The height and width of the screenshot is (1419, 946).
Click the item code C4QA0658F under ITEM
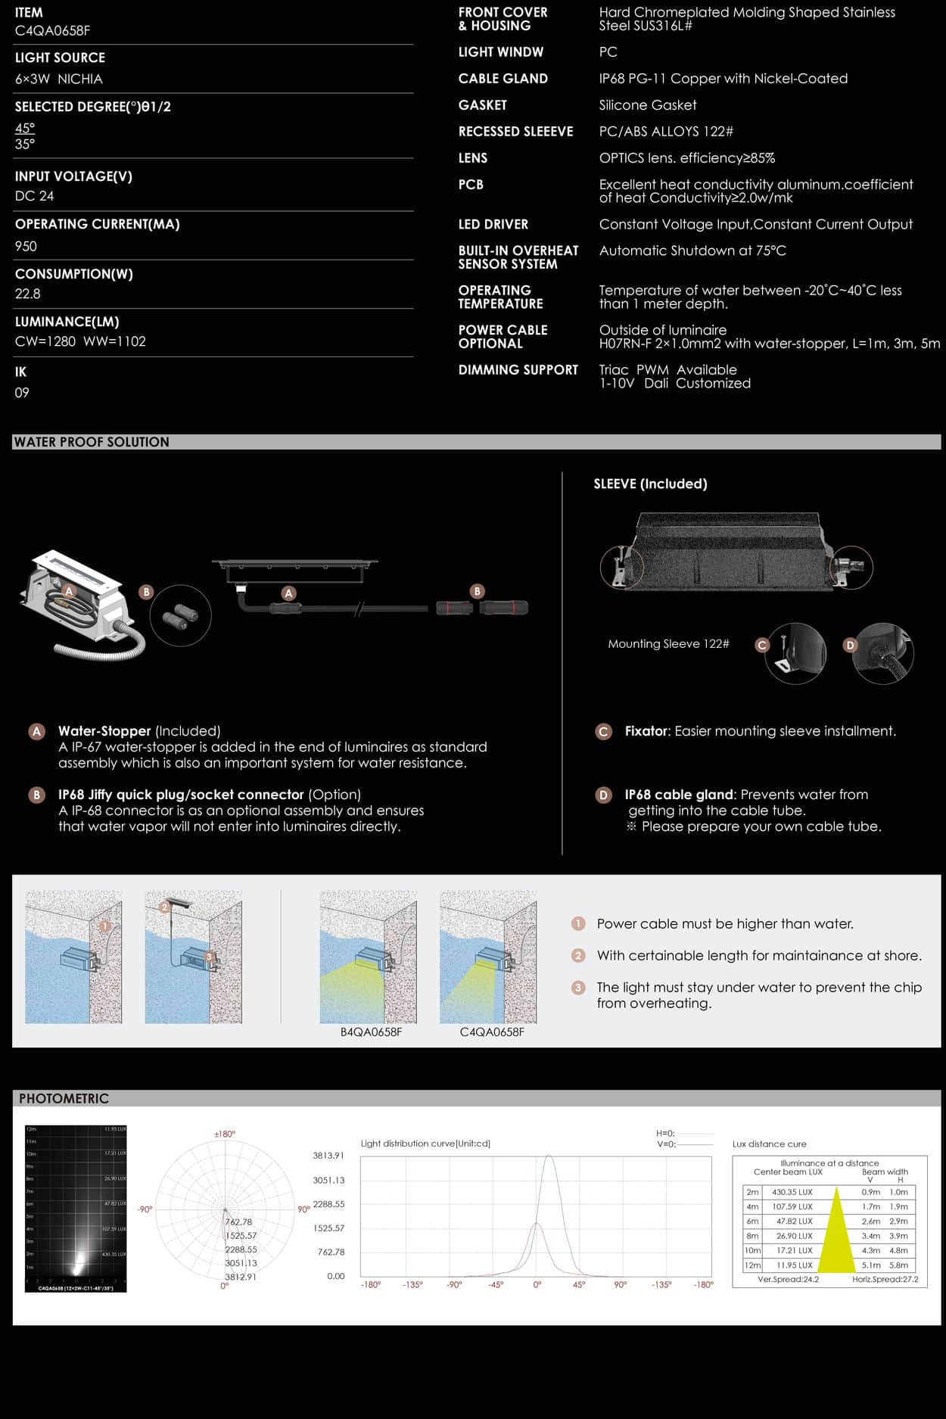click(52, 31)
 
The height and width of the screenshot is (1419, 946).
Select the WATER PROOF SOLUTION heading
click(92, 442)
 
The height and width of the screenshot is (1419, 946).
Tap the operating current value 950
click(26, 246)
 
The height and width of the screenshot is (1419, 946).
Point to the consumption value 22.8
click(28, 294)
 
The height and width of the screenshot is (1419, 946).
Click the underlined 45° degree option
click(25, 128)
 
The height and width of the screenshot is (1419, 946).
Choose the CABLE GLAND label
click(503, 79)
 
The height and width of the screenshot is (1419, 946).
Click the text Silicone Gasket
click(647, 105)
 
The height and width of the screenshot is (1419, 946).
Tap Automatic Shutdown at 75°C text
click(692, 251)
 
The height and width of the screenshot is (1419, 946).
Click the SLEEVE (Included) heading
click(650, 484)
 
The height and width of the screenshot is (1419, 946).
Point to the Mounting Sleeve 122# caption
click(668, 644)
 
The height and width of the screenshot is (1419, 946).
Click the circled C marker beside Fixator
click(603, 732)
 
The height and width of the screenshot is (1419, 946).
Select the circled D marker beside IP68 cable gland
click(603, 795)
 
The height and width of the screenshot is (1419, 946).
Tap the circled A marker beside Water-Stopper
click(36, 732)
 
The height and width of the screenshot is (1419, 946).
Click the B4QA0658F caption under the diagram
click(371, 1032)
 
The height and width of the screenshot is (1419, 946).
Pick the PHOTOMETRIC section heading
click(64, 1098)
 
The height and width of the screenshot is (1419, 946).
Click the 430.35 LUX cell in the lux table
click(792, 1192)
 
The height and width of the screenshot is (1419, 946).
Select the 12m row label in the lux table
click(752, 1265)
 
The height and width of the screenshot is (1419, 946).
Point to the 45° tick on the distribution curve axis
click(578, 1284)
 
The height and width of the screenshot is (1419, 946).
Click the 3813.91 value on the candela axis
click(328, 1156)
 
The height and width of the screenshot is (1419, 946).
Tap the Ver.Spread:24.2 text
click(788, 1279)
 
